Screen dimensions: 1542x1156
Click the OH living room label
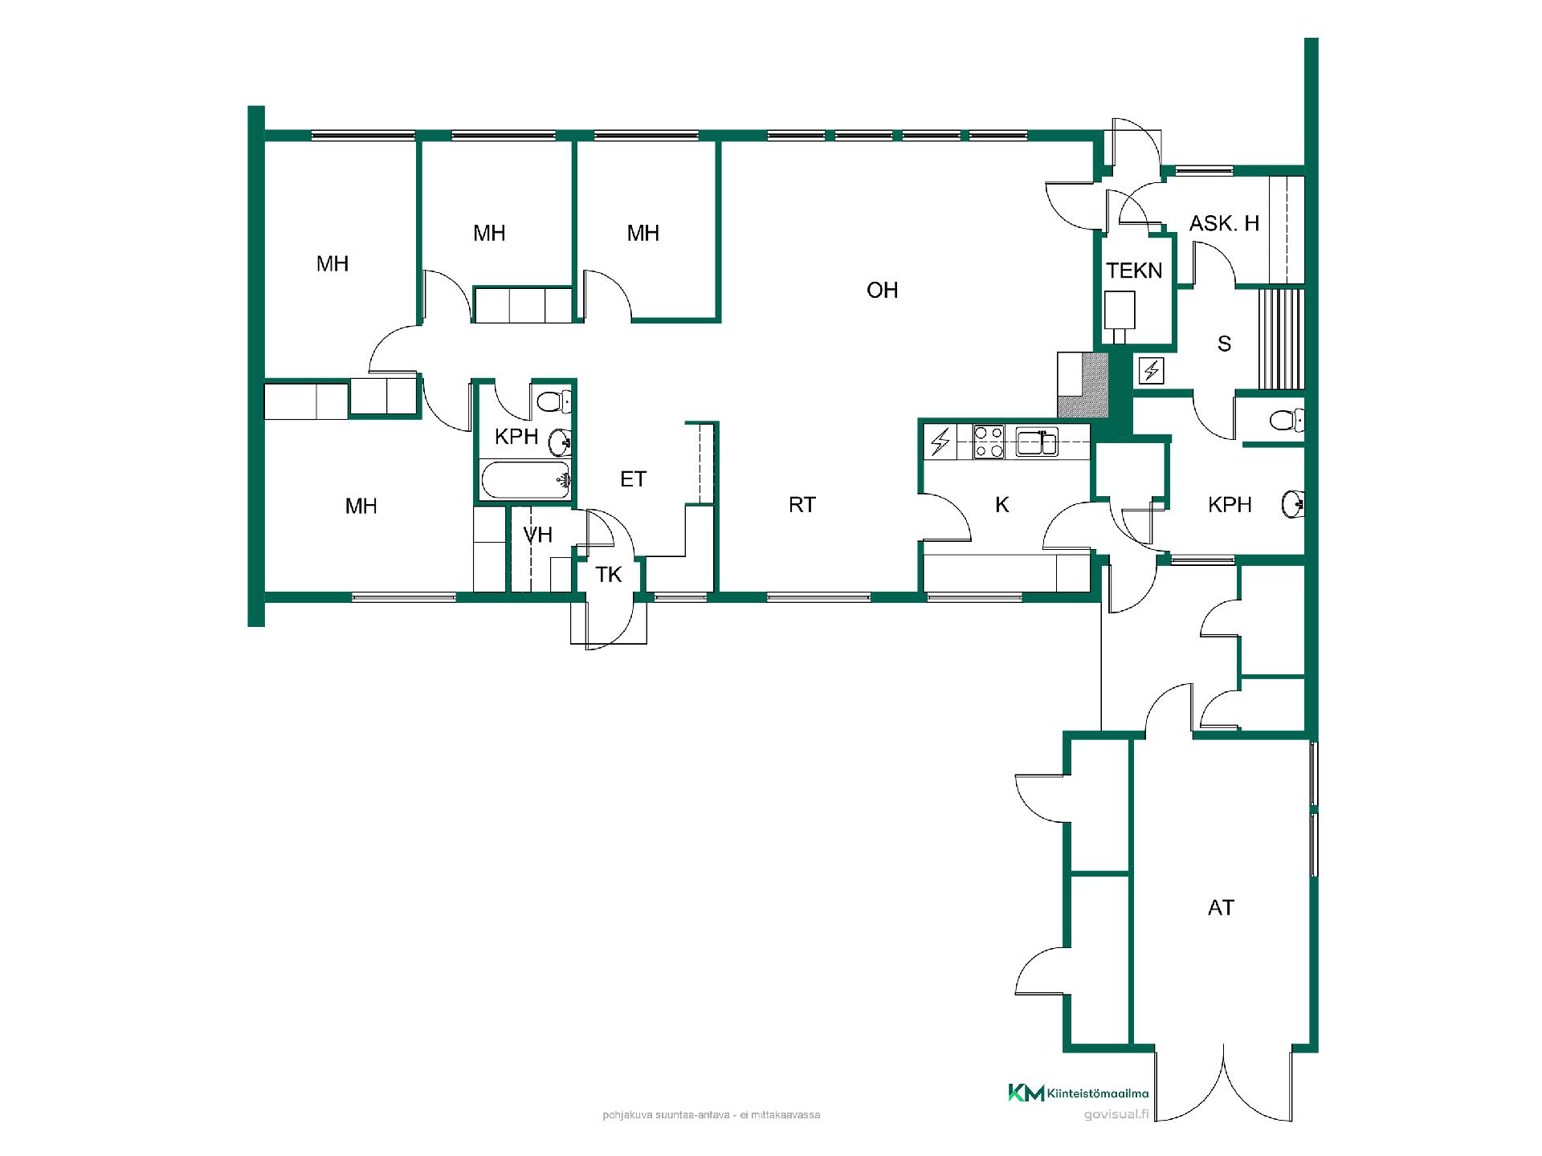pyautogui.click(x=882, y=290)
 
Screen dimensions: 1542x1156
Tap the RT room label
pyautogui.click(x=802, y=504)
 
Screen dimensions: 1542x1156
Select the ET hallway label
pyautogui.click(x=633, y=479)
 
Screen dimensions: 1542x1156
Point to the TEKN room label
pyautogui.click(x=1134, y=271)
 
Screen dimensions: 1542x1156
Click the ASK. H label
pyautogui.click(x=1224, y=223)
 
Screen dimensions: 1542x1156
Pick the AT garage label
pyautogui.click(x=1221, y=907)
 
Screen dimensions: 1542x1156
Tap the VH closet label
pyautogui.click(x=537, y=535)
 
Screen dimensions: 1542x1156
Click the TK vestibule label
pyautogui.click(x=609, y=575)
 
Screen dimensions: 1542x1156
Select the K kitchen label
pyautogui.click(x=1001, y=504)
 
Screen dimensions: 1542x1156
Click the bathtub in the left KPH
pyautogui.click(x=525, y=481)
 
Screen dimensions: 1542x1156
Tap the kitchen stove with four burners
pyautogui.click(x=988, y=442)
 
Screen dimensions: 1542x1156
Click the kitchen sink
pyautogui.click(x=1037, y=442)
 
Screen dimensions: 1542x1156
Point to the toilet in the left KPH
pyautogui.click(x=553, y=401)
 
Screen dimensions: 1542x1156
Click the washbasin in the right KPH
pyautogui.click(x=1293, y=503)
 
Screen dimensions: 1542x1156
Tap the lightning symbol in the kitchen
pyautogui.click(x=940, y=442)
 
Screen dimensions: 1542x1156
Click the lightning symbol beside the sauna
pyautogui.click(x=1152, y=370)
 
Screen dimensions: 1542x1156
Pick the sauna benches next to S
pyautogui.click(x=1279, y=339)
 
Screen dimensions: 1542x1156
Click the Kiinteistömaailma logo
pyautogui.click(x=1078, y=1093)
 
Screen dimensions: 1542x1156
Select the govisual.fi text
pyautogui.click(x=1116, y=1114)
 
